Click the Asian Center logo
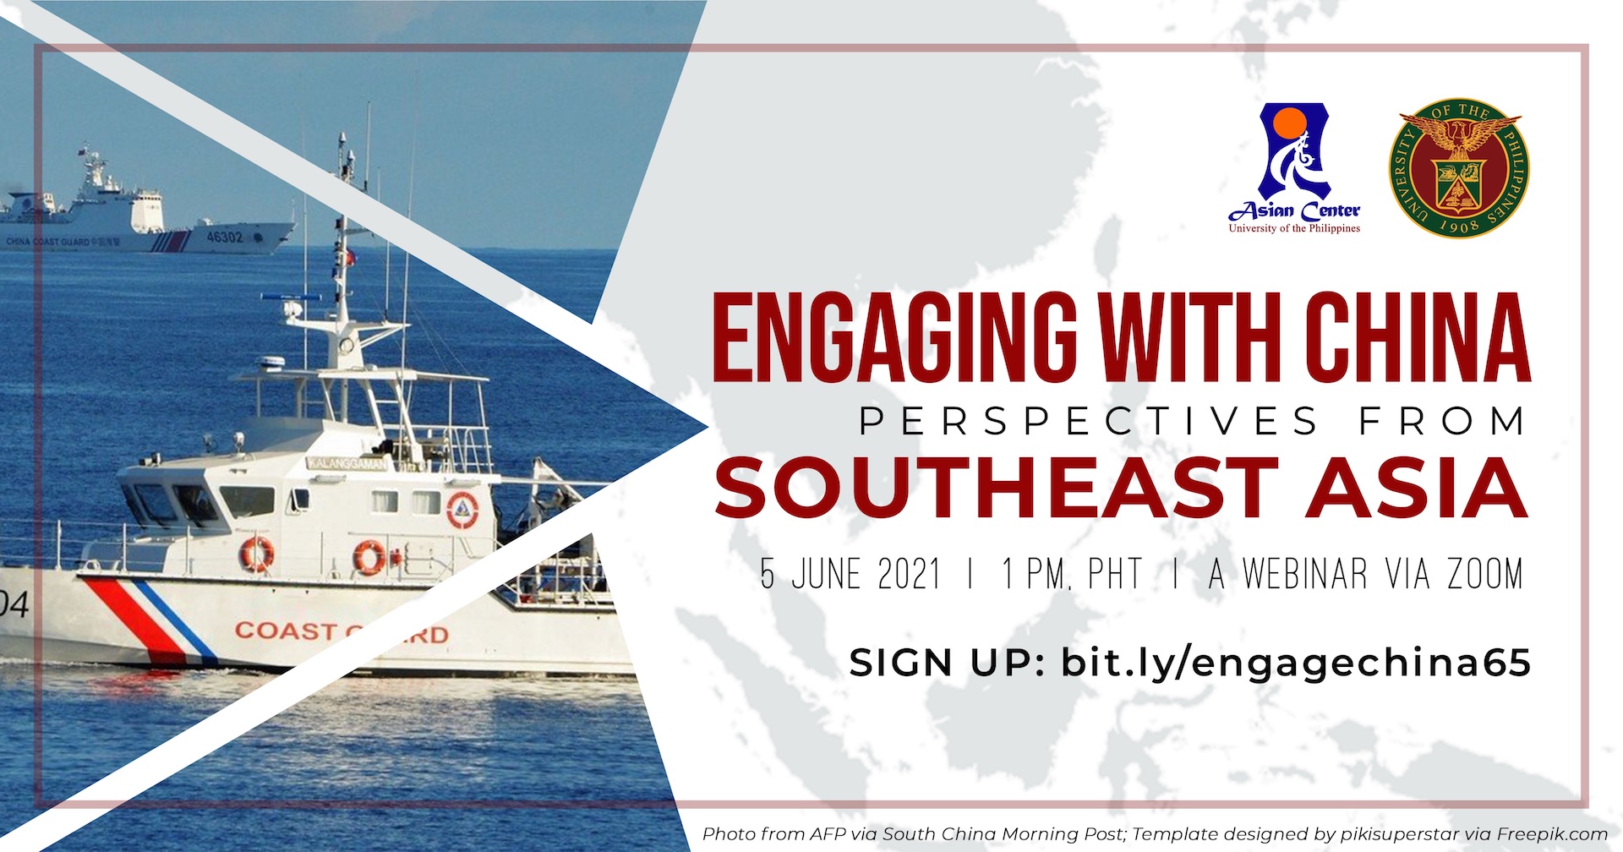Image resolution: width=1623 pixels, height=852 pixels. [1294, 168]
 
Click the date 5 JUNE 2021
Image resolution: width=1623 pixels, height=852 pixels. [850, 575]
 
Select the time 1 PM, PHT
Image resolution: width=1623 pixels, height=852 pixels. [1072, 575]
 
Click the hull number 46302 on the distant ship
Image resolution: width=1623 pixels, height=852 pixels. [224, 238]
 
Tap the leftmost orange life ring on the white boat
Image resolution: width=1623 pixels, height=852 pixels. [257, 554]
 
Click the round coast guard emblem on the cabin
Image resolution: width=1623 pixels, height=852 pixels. [462, 509]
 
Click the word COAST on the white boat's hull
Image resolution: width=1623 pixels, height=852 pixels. [285, 631]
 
